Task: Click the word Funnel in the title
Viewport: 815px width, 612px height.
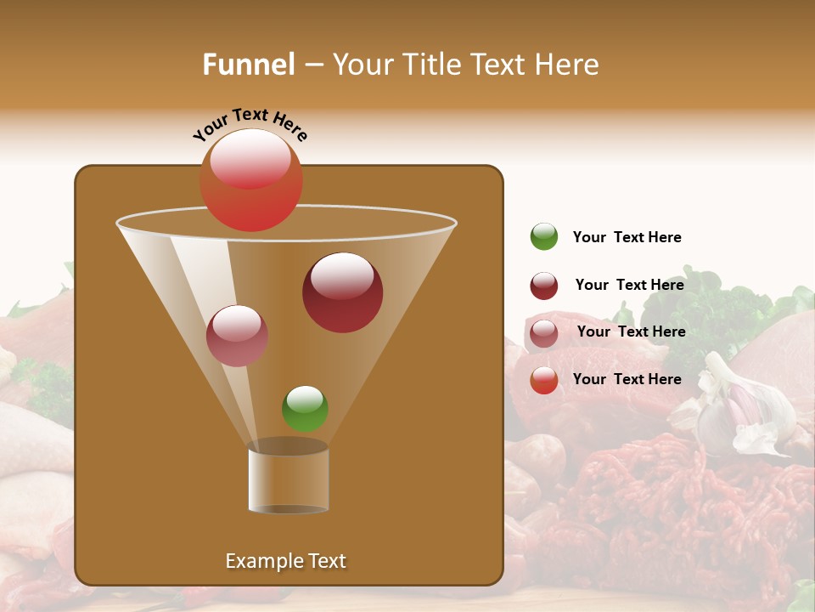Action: (249, 65)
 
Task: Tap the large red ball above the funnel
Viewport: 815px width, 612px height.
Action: (250, 180)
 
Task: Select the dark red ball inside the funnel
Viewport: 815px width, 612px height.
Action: (342, 292)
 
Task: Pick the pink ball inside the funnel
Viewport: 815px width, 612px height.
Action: (237, 336)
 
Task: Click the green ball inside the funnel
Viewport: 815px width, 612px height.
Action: (305, 409)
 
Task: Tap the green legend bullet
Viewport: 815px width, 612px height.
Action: (544, 236)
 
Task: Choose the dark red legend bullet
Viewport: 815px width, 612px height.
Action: (544, 286)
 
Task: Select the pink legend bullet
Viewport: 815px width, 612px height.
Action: (544, 332)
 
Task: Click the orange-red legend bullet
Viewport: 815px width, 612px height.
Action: (544, 380)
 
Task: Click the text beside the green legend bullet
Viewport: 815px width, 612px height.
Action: (627, 237)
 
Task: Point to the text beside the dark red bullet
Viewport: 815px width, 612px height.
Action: (629, 285)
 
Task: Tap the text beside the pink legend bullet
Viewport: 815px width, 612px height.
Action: (631, 331)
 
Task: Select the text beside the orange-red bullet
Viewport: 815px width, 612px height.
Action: (627, 379)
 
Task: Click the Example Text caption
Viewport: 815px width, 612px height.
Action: (285, 561)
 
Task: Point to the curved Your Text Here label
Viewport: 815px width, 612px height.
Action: (250, 123)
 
